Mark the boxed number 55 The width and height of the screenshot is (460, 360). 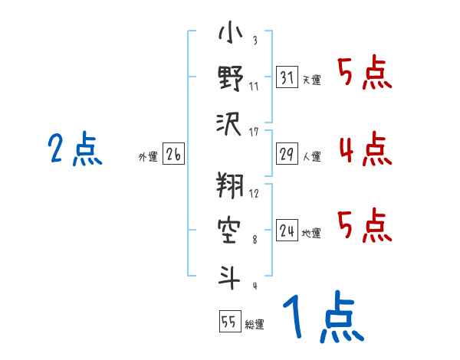coord(228,322)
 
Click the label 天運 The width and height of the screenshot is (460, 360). coord(311,80)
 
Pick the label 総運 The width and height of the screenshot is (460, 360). coord(254,325)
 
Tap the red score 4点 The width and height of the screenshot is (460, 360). coord(365,149)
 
